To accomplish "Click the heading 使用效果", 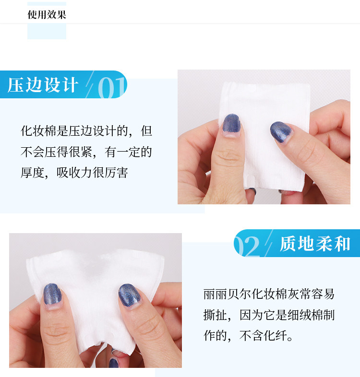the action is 47,15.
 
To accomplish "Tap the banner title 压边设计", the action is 43,85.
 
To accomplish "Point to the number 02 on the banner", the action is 247,246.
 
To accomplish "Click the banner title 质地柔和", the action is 315,244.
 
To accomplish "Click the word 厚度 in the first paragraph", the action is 33,173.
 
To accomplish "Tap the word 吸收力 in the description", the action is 74,173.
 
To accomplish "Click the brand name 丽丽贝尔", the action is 227,294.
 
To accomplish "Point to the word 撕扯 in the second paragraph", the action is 216,315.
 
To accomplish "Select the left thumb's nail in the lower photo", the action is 52,295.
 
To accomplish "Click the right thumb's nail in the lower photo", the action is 130,295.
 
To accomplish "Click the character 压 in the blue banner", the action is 15,85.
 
